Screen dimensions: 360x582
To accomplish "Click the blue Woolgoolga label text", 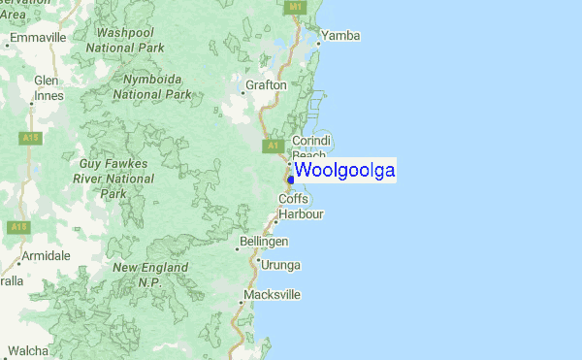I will point(344,171).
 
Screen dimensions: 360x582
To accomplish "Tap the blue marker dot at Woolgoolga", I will point(291,179).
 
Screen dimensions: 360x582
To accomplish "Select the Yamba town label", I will point(339,36).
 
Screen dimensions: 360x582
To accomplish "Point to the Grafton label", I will point(266,85).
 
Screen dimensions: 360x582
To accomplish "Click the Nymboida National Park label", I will point(152,86).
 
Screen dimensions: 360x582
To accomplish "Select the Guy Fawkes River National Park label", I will point(114,180).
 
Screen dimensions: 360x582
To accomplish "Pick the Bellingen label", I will point(264,241).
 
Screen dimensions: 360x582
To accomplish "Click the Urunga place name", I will point(280,264).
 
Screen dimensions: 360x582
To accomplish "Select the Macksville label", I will point(273,294).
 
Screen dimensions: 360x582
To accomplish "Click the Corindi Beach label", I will point(311,147).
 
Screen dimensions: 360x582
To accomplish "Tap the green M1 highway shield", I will point(297,7).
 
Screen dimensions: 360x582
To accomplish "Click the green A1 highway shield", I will point(273,147).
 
